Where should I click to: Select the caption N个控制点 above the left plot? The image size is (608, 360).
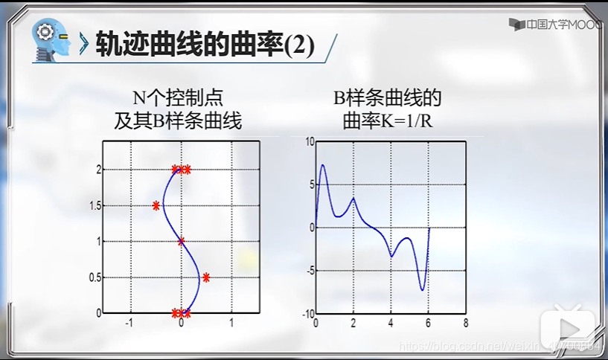point(177,98)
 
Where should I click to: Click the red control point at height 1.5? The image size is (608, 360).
point(156,205)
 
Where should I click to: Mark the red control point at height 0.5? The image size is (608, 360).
point(206,277)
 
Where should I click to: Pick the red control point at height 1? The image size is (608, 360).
point(181,241)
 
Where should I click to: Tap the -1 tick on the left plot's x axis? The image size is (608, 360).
point(129,324)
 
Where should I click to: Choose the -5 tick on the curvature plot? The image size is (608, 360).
point(310,271)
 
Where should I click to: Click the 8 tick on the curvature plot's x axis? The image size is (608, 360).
point(465,324)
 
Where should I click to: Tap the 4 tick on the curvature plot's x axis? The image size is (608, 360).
point(391,324)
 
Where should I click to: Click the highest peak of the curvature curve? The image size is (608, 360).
point(323,165)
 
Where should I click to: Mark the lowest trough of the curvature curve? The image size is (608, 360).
point(422,289)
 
